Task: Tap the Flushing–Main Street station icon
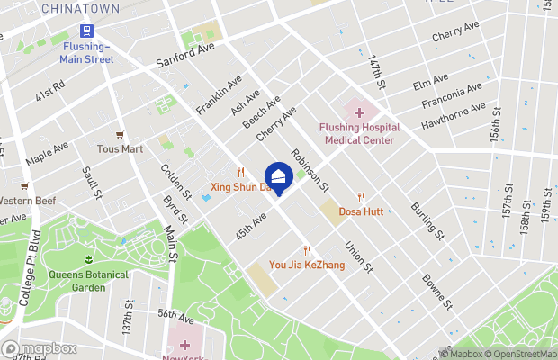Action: [87, 30]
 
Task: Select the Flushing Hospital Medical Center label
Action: [359, 133]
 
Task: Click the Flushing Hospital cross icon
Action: [359, 112]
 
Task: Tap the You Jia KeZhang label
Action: [307, 265]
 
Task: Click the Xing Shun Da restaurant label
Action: [240, 187]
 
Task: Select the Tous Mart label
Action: [121, 148]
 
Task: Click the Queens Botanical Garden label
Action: [88, 281]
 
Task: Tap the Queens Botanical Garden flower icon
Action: [88, 259]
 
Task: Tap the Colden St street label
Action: [175, 181]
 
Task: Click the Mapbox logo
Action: [40, 348]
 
